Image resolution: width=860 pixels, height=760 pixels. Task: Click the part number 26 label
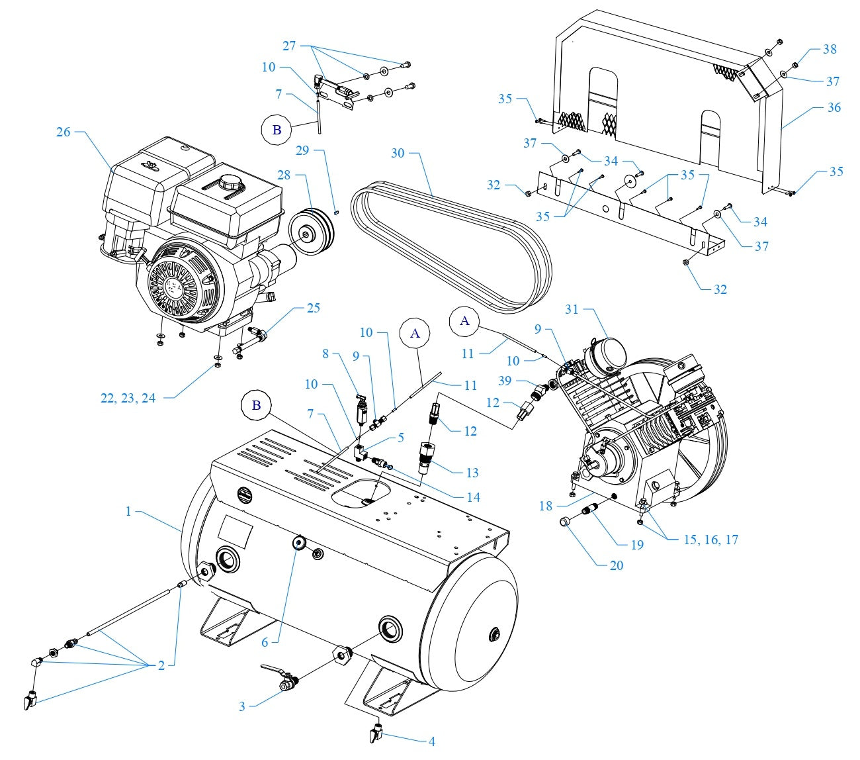(x=63, y=132)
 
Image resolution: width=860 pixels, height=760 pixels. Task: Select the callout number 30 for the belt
(x=398, y=153)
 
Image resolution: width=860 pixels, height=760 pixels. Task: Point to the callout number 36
(x=834, y=107)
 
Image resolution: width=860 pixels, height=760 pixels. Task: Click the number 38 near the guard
(x=830, y=49)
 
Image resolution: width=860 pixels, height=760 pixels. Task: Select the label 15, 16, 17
(x=710, y=540)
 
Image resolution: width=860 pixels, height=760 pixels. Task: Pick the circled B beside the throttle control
(x=277, y=130)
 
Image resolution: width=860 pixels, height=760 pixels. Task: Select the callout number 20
(x=616, y=565)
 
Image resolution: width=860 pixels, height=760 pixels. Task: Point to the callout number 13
(x=472, y=473)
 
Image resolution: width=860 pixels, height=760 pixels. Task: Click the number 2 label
(x=161, y=666)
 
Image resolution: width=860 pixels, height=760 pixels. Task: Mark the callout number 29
(x=302, y=151)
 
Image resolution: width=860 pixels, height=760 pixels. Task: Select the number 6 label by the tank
(x=265, y=643)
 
